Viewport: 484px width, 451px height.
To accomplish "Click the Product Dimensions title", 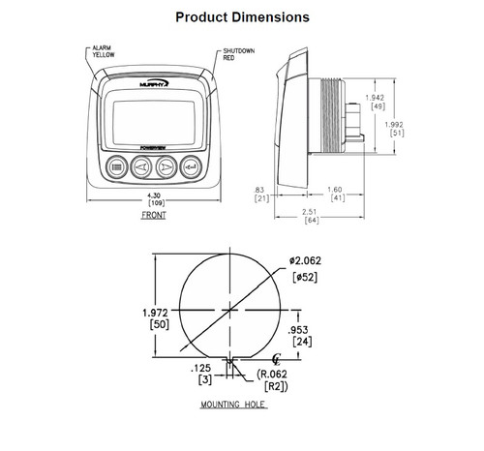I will point(241,17).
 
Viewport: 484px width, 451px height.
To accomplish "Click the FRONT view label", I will point(153,216).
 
